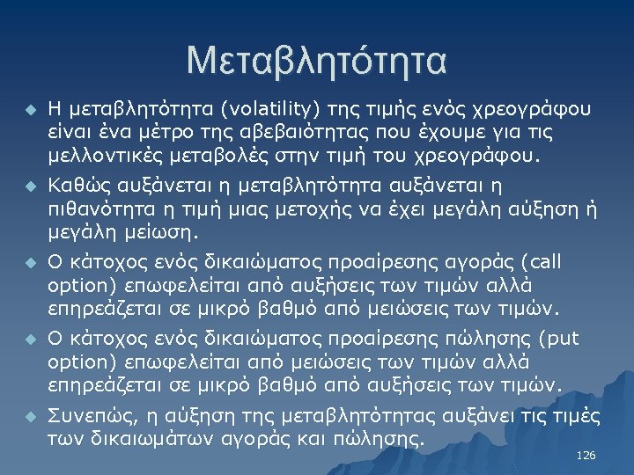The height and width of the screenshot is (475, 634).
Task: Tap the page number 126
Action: pyautogui.click(x=585, y=456)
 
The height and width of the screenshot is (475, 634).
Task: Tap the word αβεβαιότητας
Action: pyautogui.click(x=255, y=133)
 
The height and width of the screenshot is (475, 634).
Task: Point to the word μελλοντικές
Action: pyautogui.click(x=95, y=157)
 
